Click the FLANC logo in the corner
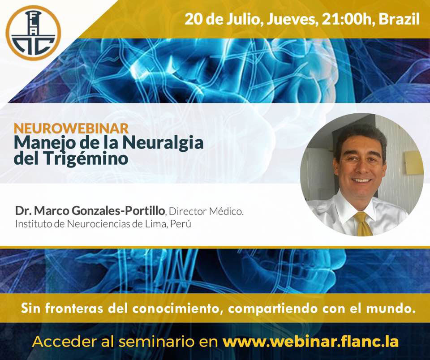pos(33,33)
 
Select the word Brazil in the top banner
pos(399,19)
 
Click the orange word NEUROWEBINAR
pos(71,129)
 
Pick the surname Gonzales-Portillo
pos(118,211)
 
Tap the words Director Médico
pos(206,211)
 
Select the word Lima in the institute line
pos(157,224)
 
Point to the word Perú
pos(181,224)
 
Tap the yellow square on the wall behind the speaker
pos(414,163)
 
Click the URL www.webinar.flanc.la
pos(310,342)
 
